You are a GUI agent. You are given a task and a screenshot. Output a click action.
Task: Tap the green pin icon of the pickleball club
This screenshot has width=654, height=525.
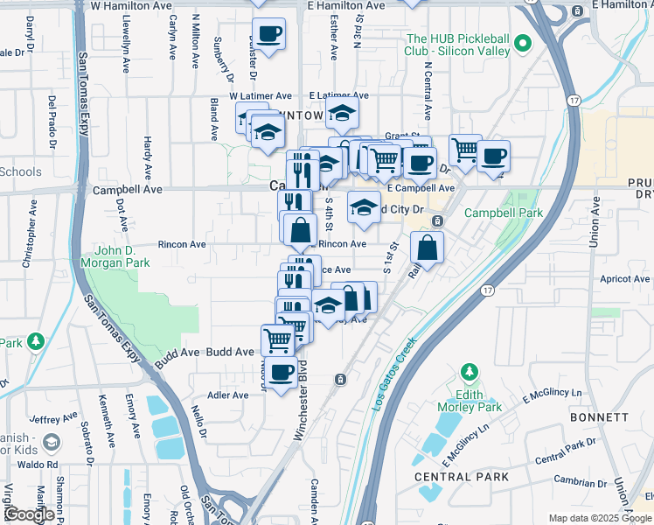523,41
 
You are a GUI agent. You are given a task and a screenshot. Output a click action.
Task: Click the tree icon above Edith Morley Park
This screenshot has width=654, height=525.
470,373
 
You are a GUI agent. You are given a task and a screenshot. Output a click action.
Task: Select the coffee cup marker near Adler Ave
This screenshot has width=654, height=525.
281,373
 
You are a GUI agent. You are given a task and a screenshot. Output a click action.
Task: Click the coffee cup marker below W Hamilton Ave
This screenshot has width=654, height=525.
268,34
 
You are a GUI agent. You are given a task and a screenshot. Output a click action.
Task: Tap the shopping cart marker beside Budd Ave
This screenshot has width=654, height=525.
277,339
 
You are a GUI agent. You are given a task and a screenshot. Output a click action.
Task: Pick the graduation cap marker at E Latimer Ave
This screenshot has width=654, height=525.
343,112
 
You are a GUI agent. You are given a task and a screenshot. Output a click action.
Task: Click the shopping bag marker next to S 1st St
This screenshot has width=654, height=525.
428,248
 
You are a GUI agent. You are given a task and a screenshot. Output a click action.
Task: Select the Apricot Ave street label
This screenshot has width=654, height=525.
624,279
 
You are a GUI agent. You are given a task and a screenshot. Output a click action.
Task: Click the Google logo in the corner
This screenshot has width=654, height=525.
29,514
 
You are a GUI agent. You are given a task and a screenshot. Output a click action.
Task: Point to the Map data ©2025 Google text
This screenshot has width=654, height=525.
601,518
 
